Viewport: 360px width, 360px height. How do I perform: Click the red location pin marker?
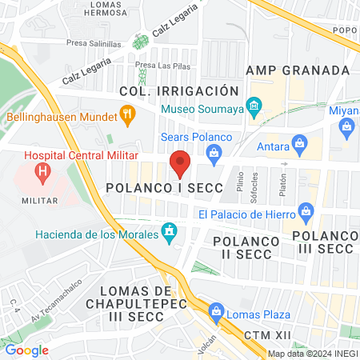click(x=181, y=164)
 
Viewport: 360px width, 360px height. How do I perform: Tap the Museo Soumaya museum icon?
click(x=255, y=106)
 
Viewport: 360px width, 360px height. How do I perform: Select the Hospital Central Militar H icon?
click(x=42, y=170)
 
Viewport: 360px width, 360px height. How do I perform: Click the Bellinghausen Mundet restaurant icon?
click(x=127, y=115)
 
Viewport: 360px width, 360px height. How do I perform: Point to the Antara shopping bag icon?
click(x=301, y=146)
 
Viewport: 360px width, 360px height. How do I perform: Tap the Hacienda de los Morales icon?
click(x=169, y=234)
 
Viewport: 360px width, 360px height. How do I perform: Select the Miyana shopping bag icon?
click(x=347, y=126)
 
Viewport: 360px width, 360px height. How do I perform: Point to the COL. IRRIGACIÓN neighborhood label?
click(x=179, y=90)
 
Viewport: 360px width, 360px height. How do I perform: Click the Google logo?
click(x=26, y=350)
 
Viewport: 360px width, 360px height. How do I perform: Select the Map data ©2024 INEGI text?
click(x=310, y=354)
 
